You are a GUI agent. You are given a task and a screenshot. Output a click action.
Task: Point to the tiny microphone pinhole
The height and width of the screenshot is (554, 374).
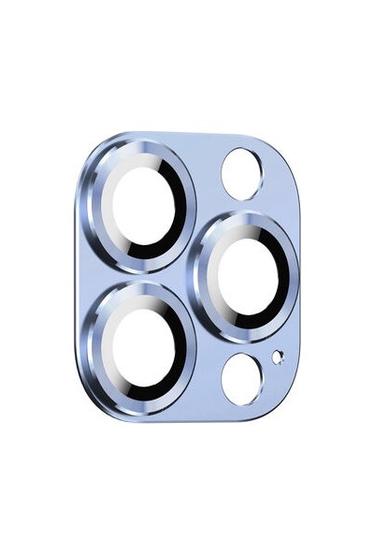(277, 356)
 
